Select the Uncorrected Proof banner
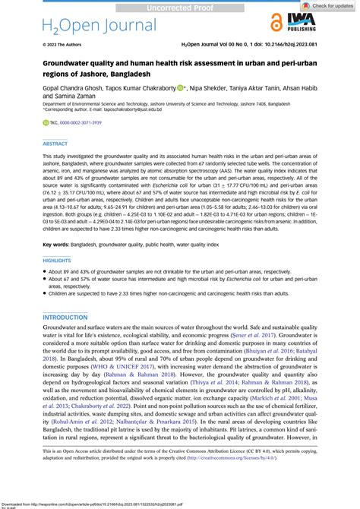[180, 6]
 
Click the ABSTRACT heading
[55, 143]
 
